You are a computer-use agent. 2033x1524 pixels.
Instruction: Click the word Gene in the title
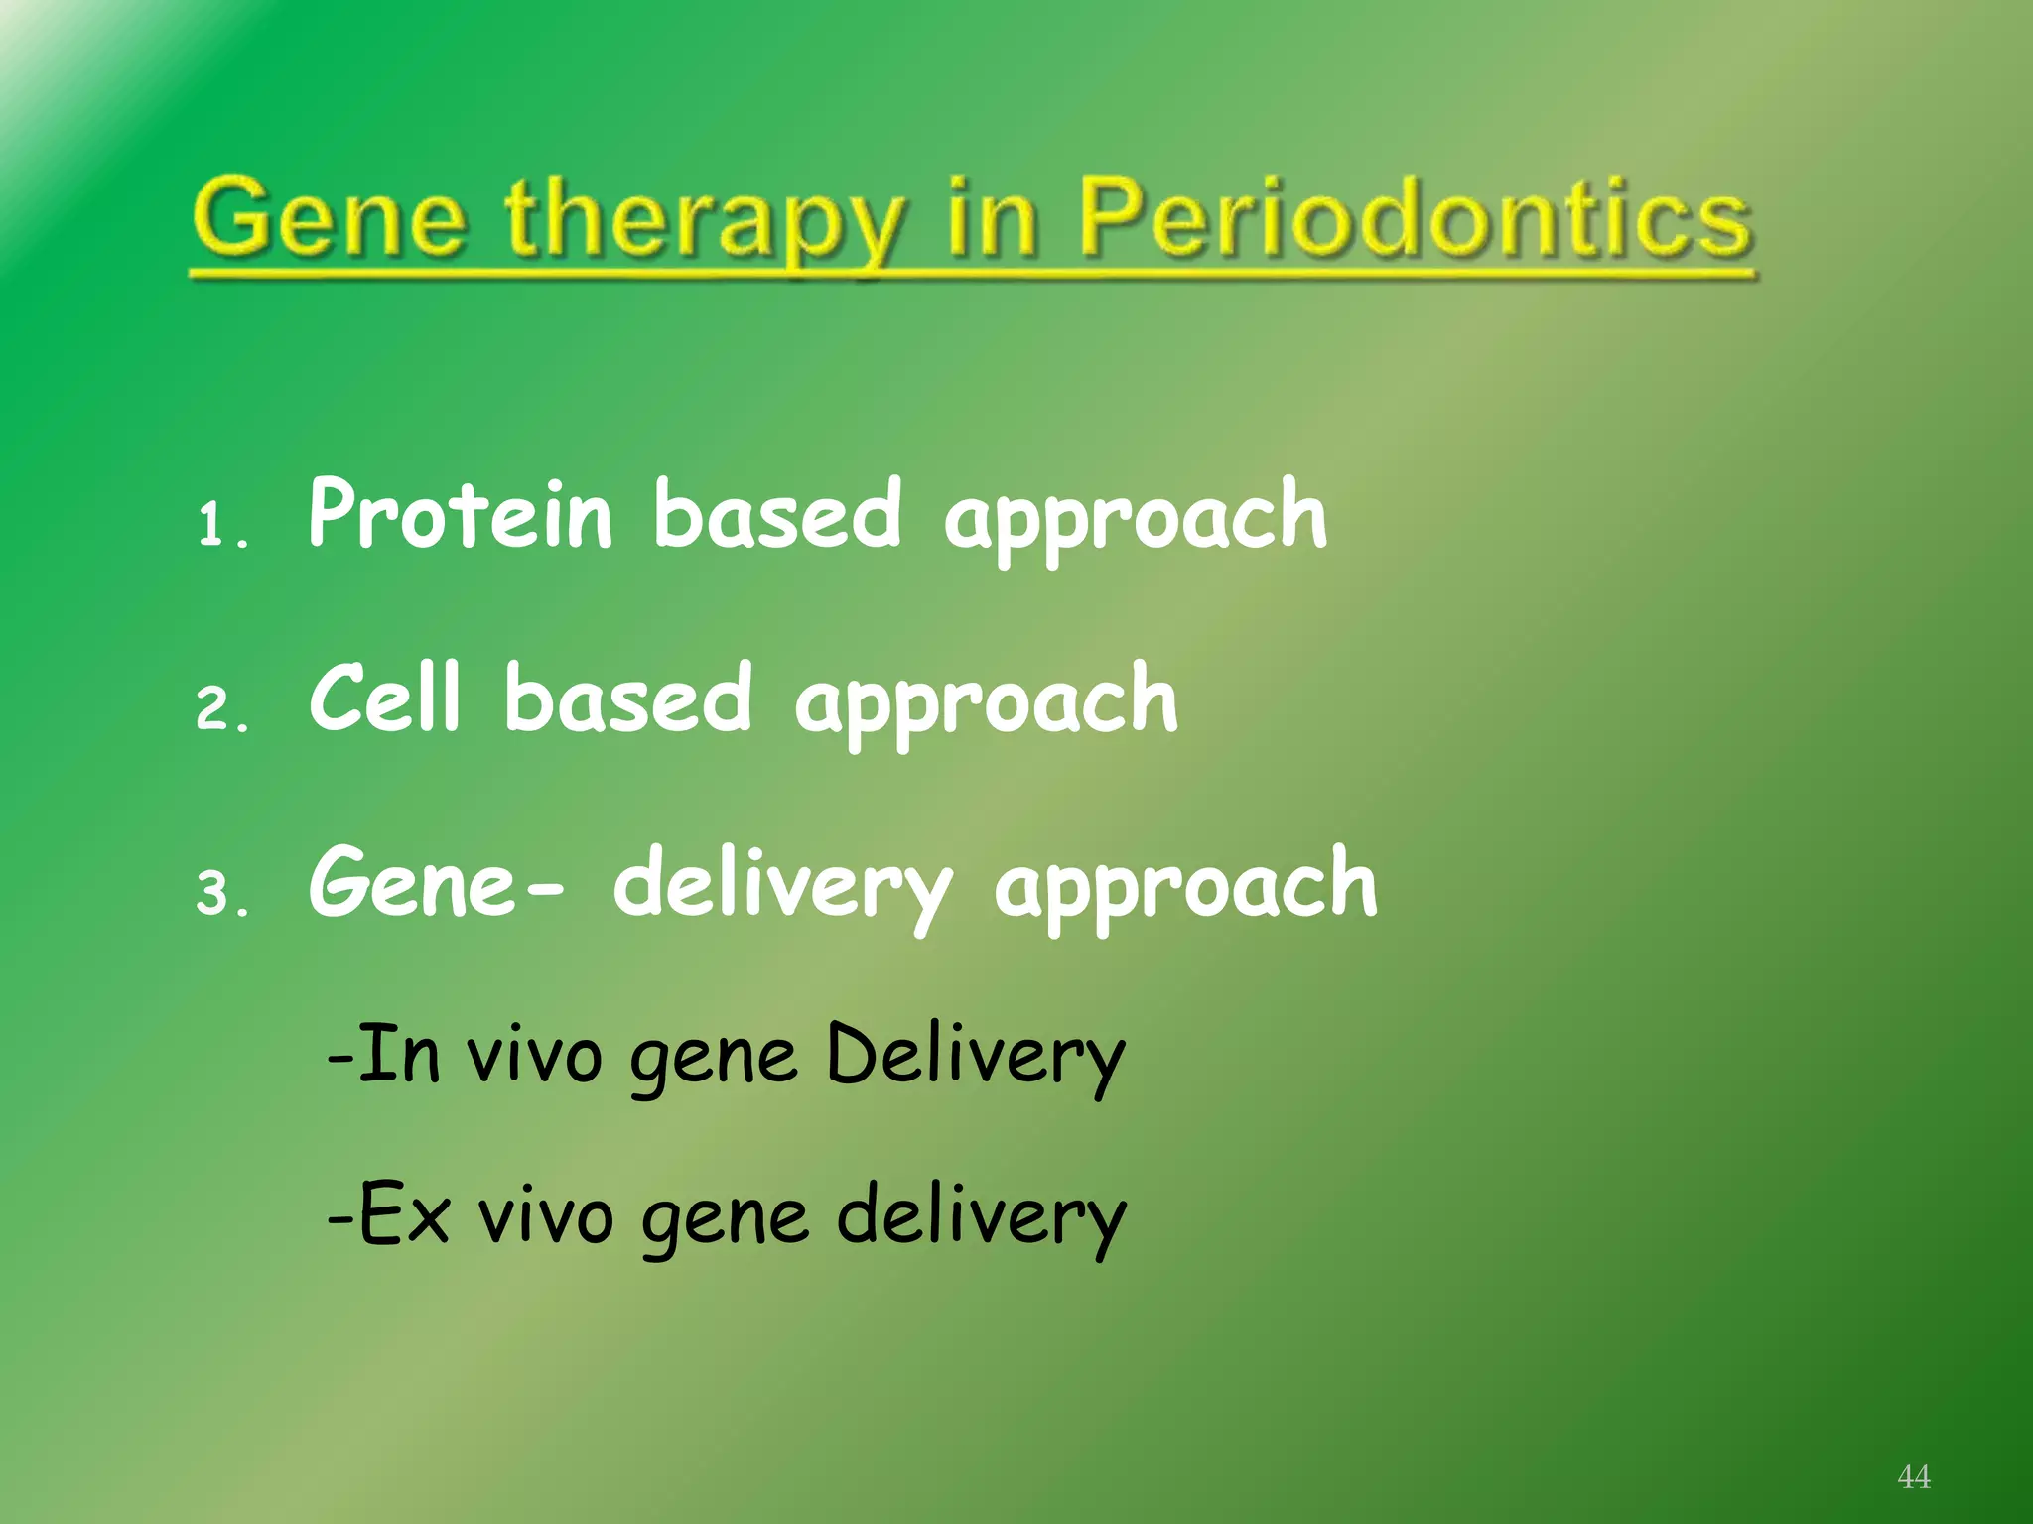[329, 218]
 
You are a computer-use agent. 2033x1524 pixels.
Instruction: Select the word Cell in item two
[385, 698]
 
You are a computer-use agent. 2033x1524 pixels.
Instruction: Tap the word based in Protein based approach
[777, 514]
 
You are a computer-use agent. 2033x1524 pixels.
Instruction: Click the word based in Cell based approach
[627, 698]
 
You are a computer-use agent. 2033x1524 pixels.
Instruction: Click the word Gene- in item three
[437, 883]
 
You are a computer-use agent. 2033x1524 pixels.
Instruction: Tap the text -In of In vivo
[383, 1054]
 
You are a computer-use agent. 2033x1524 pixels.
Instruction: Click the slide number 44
[1913, 1476]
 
